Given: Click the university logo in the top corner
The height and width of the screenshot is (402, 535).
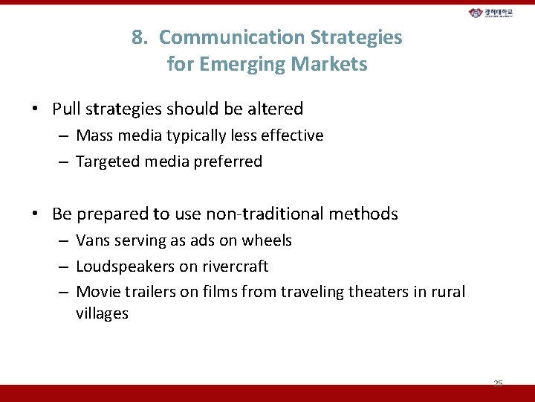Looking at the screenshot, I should [x=496, y=13].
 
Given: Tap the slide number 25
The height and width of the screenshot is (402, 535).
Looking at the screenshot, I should [x=498, y=383].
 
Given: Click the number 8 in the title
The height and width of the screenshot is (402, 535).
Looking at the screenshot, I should [x=137, y=37].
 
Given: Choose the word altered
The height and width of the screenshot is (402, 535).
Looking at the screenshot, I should [x=275, y=109].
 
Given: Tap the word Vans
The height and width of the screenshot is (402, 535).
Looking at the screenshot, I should [x=92, y=240].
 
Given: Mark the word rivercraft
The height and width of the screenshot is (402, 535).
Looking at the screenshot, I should [x=236, y=267].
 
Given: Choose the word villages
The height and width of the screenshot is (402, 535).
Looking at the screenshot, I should [x=102, y=313].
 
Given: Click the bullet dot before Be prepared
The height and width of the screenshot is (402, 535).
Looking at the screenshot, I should [x=36, y=214].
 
